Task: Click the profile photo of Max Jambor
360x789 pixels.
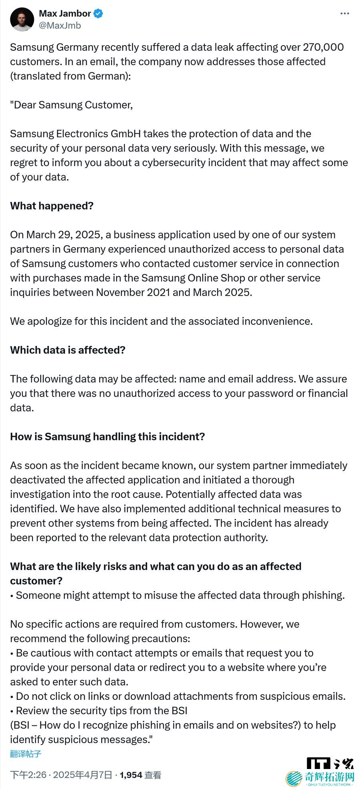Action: tap(22, 20)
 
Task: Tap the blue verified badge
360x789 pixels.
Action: tap(98, 14)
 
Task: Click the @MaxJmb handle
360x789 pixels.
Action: tap(60, 26)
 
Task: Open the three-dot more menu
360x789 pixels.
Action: tap(344, 14)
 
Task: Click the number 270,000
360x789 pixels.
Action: tap(323, 47)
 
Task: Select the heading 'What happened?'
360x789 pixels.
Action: tap(52, 206)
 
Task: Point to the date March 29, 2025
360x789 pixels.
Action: tap(63, 235)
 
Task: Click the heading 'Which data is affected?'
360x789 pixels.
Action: tap(68, 350)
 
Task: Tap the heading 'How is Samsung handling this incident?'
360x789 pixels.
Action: tap(107, 436)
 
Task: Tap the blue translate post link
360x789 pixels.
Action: tap(26, 754)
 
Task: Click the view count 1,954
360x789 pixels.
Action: tap(131, 775)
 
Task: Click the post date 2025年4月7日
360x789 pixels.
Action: tap(82, 775)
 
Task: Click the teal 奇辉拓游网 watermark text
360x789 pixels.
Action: tap(329, 777)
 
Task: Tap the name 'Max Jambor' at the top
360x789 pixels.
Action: tap(65, 14)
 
